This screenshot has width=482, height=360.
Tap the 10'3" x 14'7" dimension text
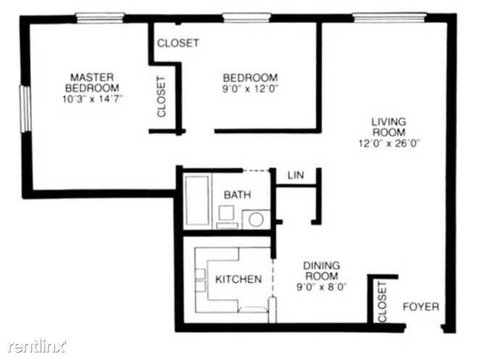coord(92,99)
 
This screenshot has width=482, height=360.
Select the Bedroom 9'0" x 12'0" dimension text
coord(250,88)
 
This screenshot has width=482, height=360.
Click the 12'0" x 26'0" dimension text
coord(389,143)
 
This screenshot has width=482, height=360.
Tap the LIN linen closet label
coord(295,175)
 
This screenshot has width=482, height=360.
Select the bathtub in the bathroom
coord(196,199)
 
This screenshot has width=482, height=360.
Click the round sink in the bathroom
coord(255,219)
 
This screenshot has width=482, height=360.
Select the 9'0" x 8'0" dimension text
coord(322,285)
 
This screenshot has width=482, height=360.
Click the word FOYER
coord(421,306)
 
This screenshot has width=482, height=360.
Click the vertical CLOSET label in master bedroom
coord(162,97)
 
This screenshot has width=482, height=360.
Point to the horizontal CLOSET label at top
coord(178,43)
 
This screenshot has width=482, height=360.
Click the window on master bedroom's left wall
coord(25,109)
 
